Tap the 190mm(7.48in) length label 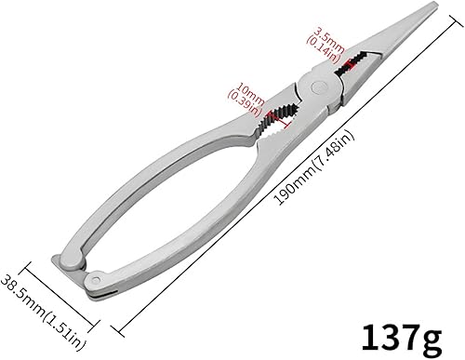[314, 167]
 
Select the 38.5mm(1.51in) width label [43, 313]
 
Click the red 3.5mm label [329, 39]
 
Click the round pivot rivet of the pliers [319, 87]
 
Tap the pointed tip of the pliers [434, 4]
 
